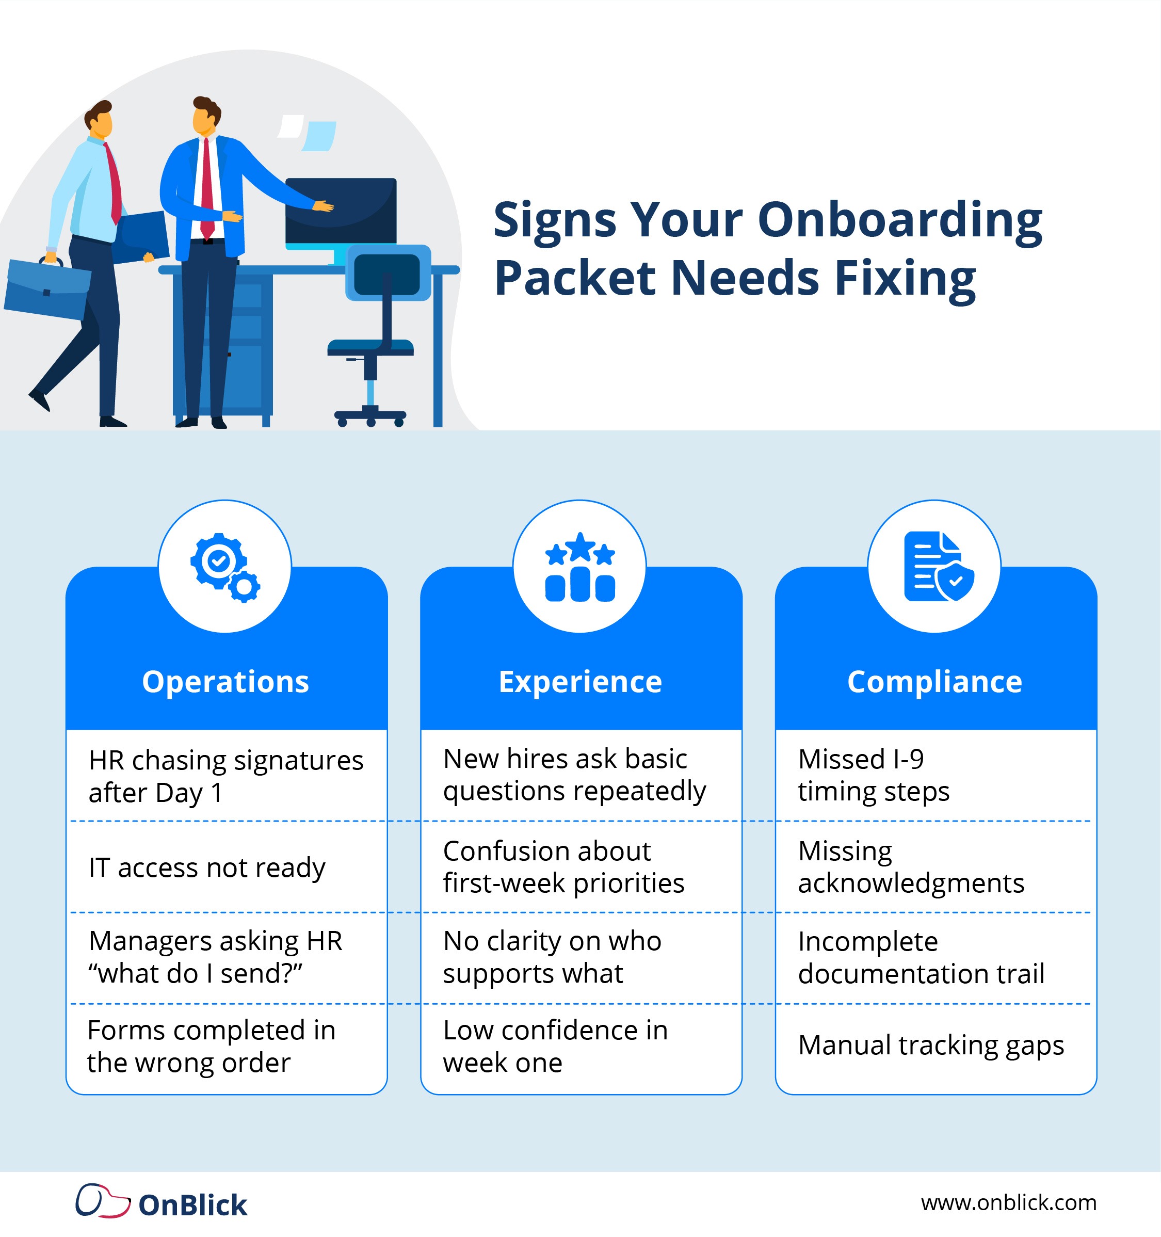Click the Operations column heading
225,682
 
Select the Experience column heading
580,682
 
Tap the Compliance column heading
934,682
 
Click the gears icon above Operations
224,567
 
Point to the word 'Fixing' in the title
905,278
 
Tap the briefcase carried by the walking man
46,290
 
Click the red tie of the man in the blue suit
206,187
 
